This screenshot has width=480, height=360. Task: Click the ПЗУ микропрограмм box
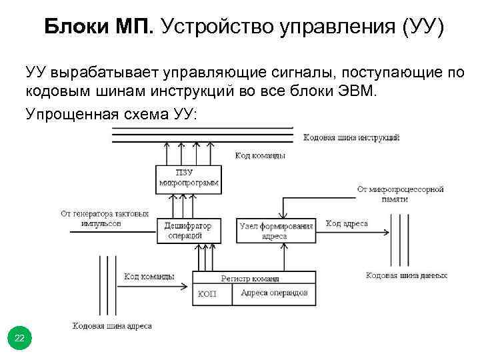pyautogui.click(x=189, y=178)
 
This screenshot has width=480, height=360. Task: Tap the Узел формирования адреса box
pyautogui.click(x=276, y=231)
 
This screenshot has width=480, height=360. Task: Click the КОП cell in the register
pyautogui.click(x=207, y=294)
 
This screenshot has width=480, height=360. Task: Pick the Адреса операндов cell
pyautogui.click(x=273, y=294)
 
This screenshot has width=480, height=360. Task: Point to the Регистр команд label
pyautogui.click(x=249, y=278)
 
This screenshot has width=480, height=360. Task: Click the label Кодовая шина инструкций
pyautogui.click(x=351, y=137)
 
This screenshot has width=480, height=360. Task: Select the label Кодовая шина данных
pyautogui.click(x=407, y=275)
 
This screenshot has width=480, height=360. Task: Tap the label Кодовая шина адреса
pyautogui.click(x=112, y=326)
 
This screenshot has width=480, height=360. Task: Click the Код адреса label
pyautogui.click(x=347, y=223)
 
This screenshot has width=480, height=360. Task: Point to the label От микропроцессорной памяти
pyautogui.click(x=400, y=193)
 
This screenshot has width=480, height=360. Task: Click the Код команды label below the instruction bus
pyautogui.click(x=260, y=155)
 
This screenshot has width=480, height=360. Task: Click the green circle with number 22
pyautogui.click(x=19, y=339)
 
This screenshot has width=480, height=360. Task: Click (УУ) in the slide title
pyautogui.click(x=418, y=27)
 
